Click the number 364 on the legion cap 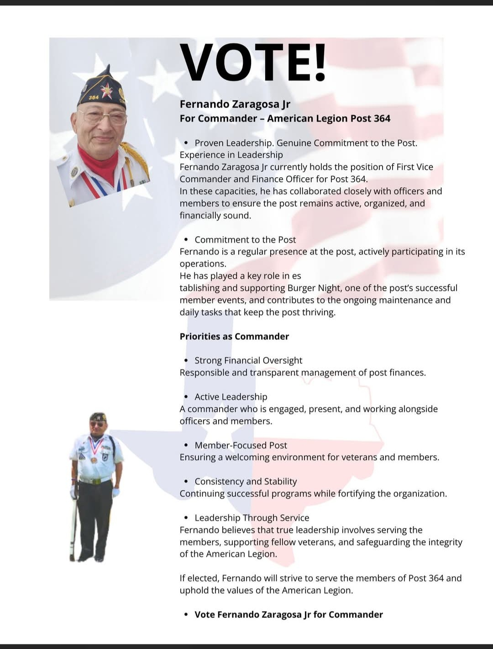tap(94, 97)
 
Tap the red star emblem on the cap tap(107, 90)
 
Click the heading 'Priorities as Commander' tap(234, 337)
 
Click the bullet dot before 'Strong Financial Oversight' tap(186, 360)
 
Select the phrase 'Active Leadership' tap(231, 397)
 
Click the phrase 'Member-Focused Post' tap(241, 445)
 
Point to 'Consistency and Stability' tap(246, 481)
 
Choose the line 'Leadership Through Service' tap(252, 518)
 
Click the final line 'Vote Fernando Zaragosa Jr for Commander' tap(288, 615)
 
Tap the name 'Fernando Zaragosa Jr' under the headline tap(235, 104)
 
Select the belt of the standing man tap(95, 480)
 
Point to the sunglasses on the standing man tap(97, 424)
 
